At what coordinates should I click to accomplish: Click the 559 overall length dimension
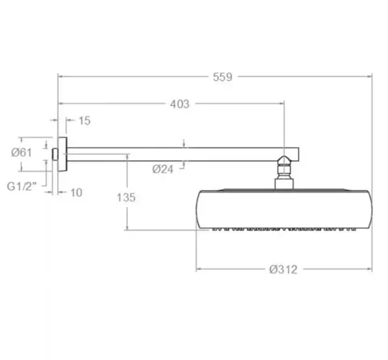pyautogui.click(x=222, y=77)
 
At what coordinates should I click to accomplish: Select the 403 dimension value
pyautogui.click(x=179, y=104)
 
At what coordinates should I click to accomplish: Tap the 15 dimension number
pyautogui.click(x=84, y=121)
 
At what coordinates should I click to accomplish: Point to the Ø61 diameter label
pyautogui.click(x=22, y=153)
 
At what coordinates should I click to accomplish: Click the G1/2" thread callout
pyautogui.click(x=22, y=186)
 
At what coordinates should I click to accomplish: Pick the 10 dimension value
pyautogui.click(x=76, y=193)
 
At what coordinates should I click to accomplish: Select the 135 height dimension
pyautogui.click(x=126, y=197)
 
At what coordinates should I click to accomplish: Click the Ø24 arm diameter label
pyautogui.click(x=162, y=169)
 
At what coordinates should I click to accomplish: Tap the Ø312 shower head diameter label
pyautogui.click(x=283, y=269)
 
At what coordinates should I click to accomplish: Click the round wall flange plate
pyautogui.click(x=62, y=155)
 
